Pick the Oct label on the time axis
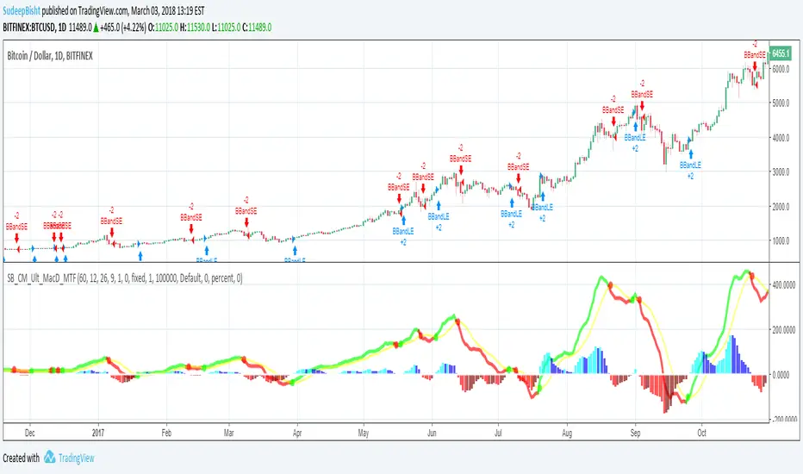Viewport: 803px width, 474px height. [701, 435]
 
